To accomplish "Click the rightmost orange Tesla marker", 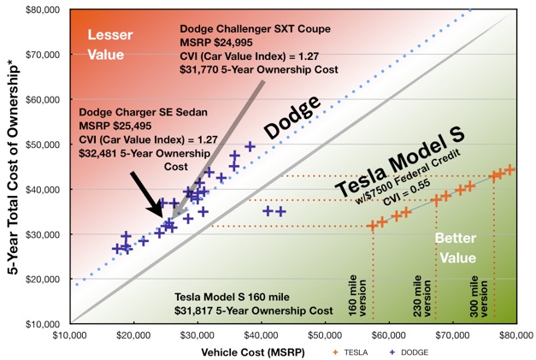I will pyautogui.click(x=509, y=169).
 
